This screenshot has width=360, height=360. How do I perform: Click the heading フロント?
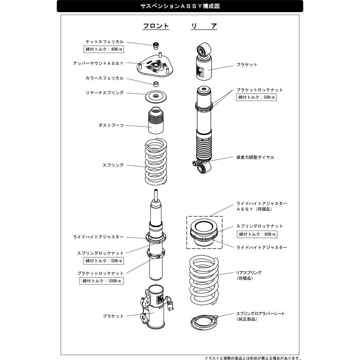click(156, 26)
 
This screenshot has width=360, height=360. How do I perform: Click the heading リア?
click(204, 26)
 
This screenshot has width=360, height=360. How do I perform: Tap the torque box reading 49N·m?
click(104, 49)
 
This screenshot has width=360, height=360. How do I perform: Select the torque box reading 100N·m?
click(102, 281)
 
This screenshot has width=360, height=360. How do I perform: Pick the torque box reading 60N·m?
click(257, 234)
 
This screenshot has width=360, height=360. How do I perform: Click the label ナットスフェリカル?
click(105, 42)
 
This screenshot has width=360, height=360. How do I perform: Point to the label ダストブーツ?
click(111, 125)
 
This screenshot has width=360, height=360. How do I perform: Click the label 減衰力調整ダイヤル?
click(255, 157)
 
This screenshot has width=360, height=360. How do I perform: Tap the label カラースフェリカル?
click(105, 78)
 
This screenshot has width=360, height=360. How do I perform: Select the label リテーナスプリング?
click(105, 93)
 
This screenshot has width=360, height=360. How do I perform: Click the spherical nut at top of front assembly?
click(156, 46)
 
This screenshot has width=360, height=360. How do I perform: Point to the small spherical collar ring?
click(156, 84)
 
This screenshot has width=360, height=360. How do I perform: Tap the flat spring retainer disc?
click(156, 97)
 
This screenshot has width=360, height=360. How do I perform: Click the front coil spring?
click(156, 162)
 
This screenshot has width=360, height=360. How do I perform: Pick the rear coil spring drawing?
click(204, 281)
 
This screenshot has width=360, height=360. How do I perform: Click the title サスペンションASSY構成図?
click(180, 6)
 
